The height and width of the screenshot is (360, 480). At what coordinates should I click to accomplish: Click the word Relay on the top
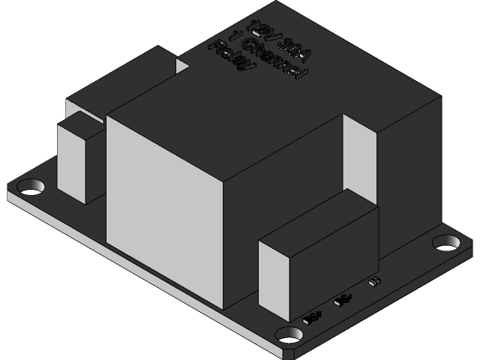pos(232,58)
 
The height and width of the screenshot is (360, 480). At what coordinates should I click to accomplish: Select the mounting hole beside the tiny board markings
pos(289,334)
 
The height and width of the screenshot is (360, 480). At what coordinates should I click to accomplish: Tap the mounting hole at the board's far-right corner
pos(447,243)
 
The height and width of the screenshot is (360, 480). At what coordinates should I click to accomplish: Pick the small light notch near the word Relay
pos(182,66)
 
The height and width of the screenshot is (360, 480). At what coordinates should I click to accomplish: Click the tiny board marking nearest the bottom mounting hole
pos(312,317)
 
